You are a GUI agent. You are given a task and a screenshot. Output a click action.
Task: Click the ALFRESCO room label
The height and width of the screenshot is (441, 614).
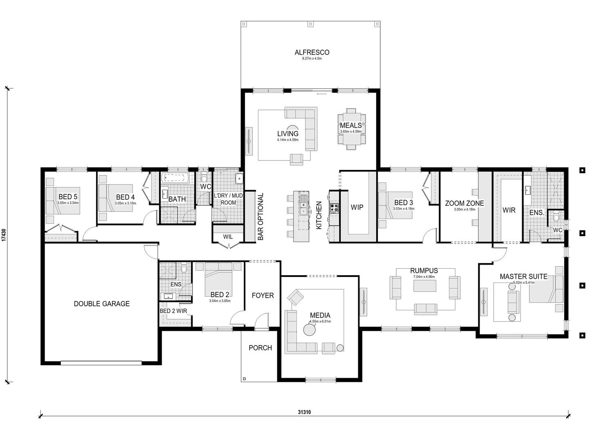click(312, 52)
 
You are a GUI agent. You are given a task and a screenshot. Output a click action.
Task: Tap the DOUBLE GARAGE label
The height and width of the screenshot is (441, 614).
click(102, 303)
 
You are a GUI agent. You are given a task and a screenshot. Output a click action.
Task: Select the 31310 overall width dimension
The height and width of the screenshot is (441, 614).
click(304, 412)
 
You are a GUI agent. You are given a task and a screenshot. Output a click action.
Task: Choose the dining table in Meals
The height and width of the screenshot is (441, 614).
click(351, 129)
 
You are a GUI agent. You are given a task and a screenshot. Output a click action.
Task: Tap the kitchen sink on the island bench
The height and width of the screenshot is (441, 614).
click(303, 205)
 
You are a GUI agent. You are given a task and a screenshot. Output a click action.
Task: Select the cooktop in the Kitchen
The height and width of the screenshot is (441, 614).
click(334, 207)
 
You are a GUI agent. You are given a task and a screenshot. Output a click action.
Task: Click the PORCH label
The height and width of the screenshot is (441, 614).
click(260, 348)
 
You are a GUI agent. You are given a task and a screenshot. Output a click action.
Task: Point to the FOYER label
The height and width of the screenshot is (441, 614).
click(263, 295)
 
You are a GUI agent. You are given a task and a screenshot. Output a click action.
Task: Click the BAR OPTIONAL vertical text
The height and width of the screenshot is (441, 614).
click(261, 216)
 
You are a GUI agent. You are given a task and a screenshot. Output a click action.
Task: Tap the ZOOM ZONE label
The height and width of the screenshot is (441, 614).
click(464, 203)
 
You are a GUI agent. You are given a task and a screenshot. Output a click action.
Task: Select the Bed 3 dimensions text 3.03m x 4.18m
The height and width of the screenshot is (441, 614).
click(404, 209)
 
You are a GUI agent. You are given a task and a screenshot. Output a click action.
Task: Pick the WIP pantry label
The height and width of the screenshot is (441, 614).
click(357, 207)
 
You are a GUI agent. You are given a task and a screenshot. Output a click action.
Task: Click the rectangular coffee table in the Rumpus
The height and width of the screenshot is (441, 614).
click(424, 285)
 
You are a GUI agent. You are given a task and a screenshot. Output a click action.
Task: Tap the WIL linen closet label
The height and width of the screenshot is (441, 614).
click(228, 237)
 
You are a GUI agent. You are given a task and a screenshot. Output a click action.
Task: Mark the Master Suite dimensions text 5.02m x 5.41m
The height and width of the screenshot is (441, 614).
click(523, 283)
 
